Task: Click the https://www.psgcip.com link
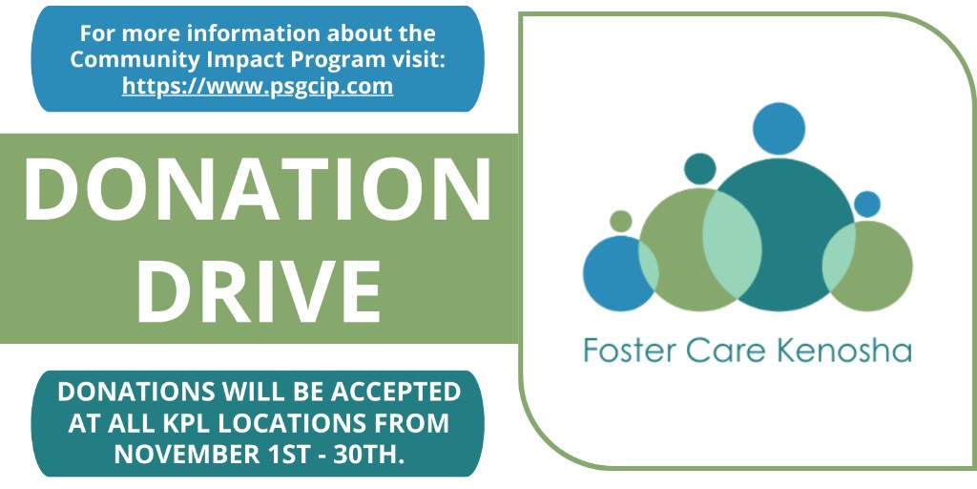(x=258, y=86)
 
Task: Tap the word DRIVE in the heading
(x=258, y=286)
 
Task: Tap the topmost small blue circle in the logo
(x=779, y=128)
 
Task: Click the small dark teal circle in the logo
(x=699, y=169)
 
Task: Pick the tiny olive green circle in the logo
(x=621, y=221)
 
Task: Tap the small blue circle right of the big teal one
(x=866, y=203)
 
